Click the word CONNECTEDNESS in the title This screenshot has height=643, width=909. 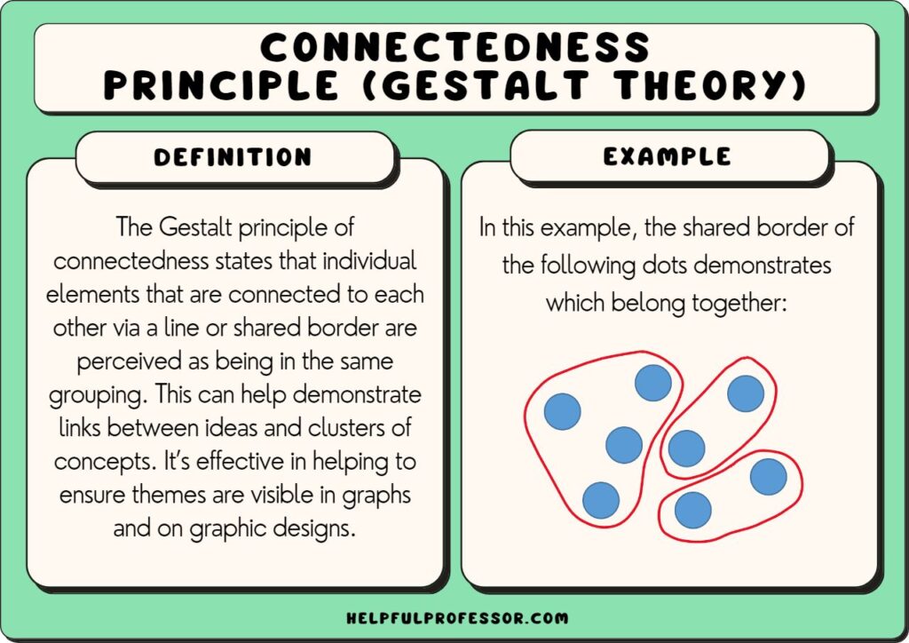tap(454, 47)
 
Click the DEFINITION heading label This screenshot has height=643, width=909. tap(233, 158)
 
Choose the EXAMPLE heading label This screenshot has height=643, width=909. tap(668, 157)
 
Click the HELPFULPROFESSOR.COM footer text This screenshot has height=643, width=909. tap(454, 617)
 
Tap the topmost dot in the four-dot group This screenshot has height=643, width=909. tap(653, 383)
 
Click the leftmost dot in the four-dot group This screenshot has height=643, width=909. tap(562, 411)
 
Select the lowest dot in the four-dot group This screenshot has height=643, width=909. tap(601, 500)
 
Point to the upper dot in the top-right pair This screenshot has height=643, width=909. tap(746, 393)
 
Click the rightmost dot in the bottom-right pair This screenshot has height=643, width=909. tap(768, 477)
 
